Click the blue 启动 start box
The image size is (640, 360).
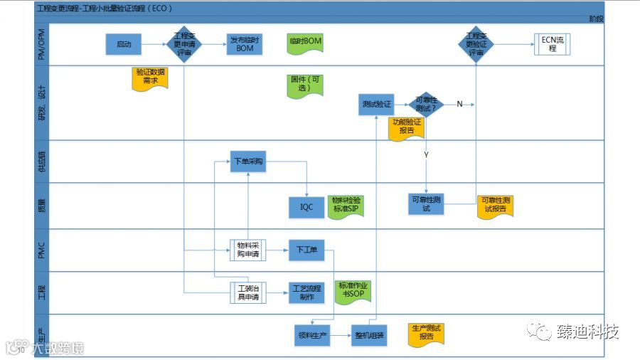(124, 44)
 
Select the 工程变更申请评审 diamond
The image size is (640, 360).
(184, 44)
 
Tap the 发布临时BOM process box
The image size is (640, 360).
(244, 44)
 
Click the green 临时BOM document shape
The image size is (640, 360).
(306, 43)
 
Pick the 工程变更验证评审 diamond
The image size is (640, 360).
(476, 44)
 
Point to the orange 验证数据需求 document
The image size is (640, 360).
(150, 77)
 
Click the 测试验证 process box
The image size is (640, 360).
(375, 105)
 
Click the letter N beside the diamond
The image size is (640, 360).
(459, 105)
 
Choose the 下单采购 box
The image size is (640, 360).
(248, 162)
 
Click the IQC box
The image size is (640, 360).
(306, 206)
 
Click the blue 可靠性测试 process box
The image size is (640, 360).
(426, 203)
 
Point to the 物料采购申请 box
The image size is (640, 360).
(247, 249)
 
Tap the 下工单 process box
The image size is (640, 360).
(306, 249)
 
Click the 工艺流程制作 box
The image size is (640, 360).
(306, 292)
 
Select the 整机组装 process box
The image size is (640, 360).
(369, 335)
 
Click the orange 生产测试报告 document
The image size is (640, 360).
(426, 332)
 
